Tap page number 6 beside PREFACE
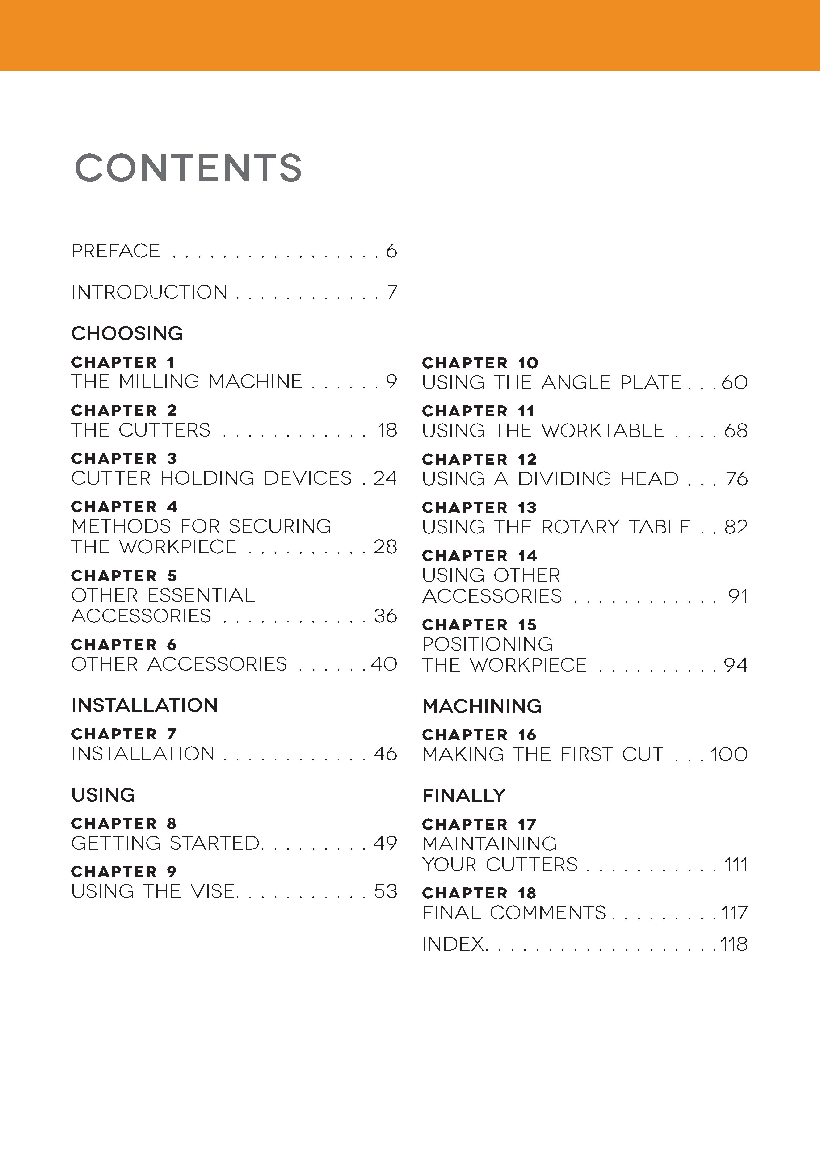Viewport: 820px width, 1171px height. (391, 251)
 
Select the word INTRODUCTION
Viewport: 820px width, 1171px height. (149, 292)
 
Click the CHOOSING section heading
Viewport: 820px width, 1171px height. (127, 334)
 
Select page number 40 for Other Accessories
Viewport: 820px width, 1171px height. (384, 664)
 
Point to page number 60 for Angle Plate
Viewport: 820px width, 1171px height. (735, 382)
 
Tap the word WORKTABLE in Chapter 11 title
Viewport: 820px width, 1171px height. (603, 431)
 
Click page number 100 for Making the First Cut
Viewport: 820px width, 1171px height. (729, 754)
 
